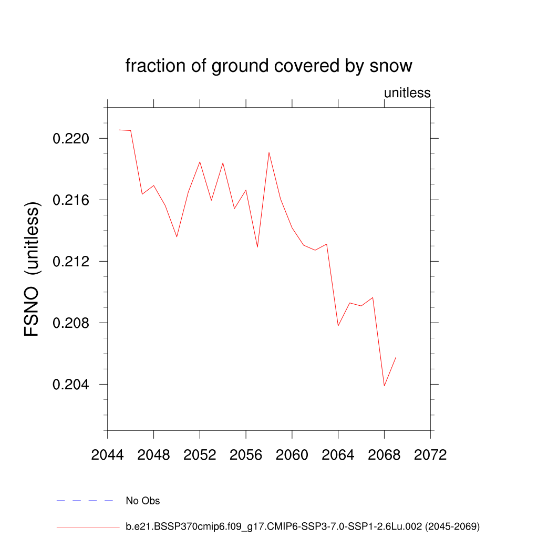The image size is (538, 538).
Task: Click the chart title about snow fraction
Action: (268, 66)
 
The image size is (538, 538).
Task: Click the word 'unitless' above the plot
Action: (407, 93)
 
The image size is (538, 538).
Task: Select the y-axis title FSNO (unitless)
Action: (32, 269)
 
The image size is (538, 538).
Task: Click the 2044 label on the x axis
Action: (108, 455)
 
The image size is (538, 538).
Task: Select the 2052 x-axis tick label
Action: (200, 455)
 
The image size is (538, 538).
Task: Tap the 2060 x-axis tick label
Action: (292, 455)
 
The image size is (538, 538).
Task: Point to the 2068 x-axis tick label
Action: (384, 455)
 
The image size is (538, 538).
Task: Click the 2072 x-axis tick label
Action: (430, 455)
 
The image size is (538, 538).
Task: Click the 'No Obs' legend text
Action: (143, 501)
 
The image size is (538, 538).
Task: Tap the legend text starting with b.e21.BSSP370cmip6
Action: (303, 526)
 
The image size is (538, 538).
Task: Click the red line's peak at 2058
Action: (269, 152)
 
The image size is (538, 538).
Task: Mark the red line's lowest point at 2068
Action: (384, 386)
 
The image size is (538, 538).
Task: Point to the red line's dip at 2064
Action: (338, 326)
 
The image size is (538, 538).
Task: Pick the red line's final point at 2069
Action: (396, 357)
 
